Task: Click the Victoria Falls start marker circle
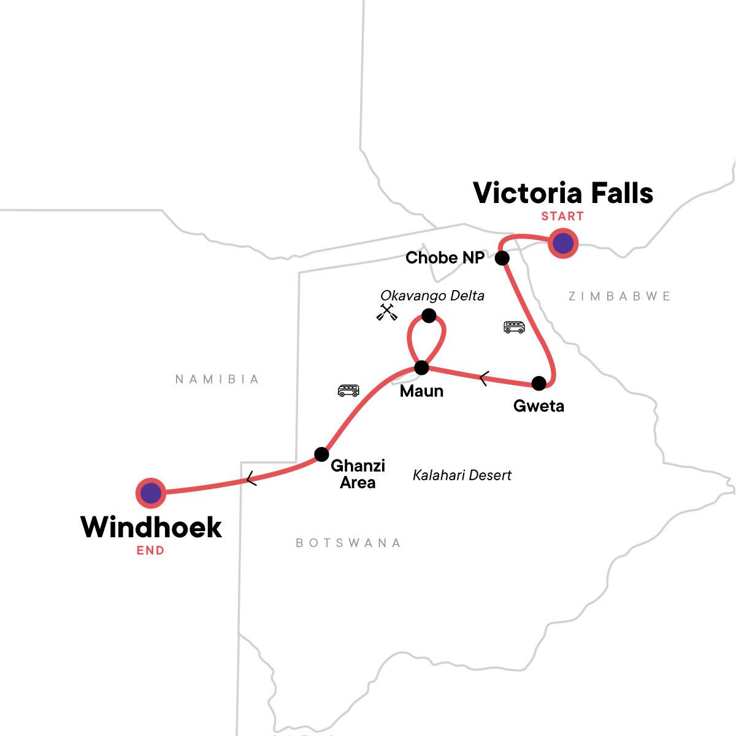(x=563, y=243)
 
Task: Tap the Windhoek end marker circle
(x=151, y=493)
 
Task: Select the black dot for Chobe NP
(x=502, y=258)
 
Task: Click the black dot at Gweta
(x=539, y=383)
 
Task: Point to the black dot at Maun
(x=422, y=368)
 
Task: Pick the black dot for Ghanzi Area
(x=321, y=454)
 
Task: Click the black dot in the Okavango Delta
(x=429, y=316)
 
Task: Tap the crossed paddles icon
(x=387, y=312)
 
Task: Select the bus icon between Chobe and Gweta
(x=514, y=327)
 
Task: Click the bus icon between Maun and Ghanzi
(x=348, y=391)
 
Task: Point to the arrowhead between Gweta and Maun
(x=483, y=379)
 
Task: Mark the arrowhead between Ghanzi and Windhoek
(x=250, y=478)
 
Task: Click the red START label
(x=562, y=217)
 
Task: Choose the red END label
(x=150, y=551)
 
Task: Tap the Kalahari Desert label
(x=462, y=475)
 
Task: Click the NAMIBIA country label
(x=217, y=380)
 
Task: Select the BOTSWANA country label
(x=348, y=543)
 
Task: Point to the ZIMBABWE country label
(x=619, y=296)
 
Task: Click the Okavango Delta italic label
(x=432, y=296)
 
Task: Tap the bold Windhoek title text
(x=151, y=527)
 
